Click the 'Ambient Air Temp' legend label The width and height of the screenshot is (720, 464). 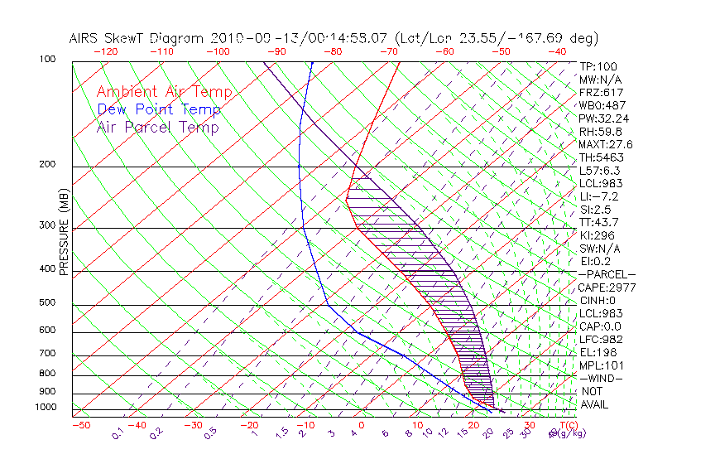coord(164,92)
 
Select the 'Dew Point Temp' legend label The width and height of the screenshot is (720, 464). coord(159,109)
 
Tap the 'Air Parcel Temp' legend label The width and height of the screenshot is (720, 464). coord(158,127)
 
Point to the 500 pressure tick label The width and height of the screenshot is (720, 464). coord(48,304)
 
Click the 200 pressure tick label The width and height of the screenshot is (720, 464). coord(48,165)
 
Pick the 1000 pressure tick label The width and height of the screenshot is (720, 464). coord(46,408)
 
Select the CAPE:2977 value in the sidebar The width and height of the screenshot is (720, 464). coord(606,288)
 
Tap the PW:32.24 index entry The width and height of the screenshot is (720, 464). coord(604,118)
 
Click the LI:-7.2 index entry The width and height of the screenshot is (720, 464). coord(599,196)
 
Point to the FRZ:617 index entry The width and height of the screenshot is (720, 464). coord(601,92)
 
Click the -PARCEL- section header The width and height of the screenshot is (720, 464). coord(607,274)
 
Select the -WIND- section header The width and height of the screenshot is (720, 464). coord(602,378)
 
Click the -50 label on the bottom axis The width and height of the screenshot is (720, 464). coord(81,425)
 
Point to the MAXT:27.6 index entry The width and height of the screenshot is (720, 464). coord(607,144)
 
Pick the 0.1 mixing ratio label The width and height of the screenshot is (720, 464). coord(118,432)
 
